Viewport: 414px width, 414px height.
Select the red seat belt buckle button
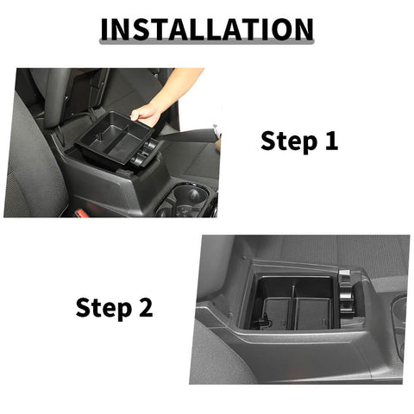coord(79,211)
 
